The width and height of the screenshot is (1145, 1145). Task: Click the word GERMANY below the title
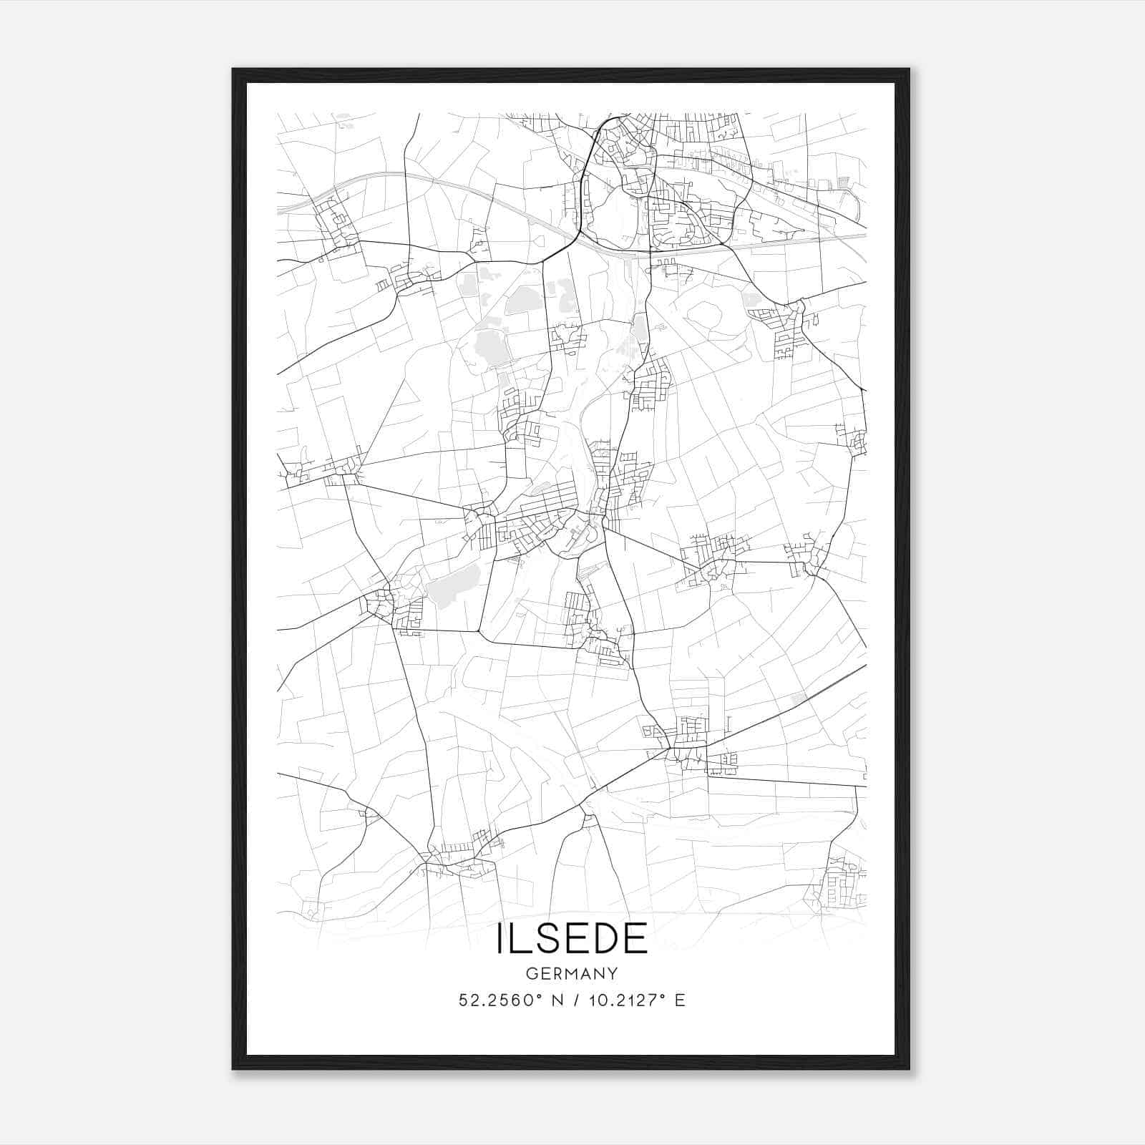click(x=572, y=974)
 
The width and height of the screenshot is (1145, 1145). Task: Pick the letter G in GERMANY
click(x=530, y=974)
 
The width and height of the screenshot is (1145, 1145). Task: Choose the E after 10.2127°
click(x=681, y=1000)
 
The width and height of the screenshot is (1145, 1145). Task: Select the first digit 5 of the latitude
click(x=462, y=1000)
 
